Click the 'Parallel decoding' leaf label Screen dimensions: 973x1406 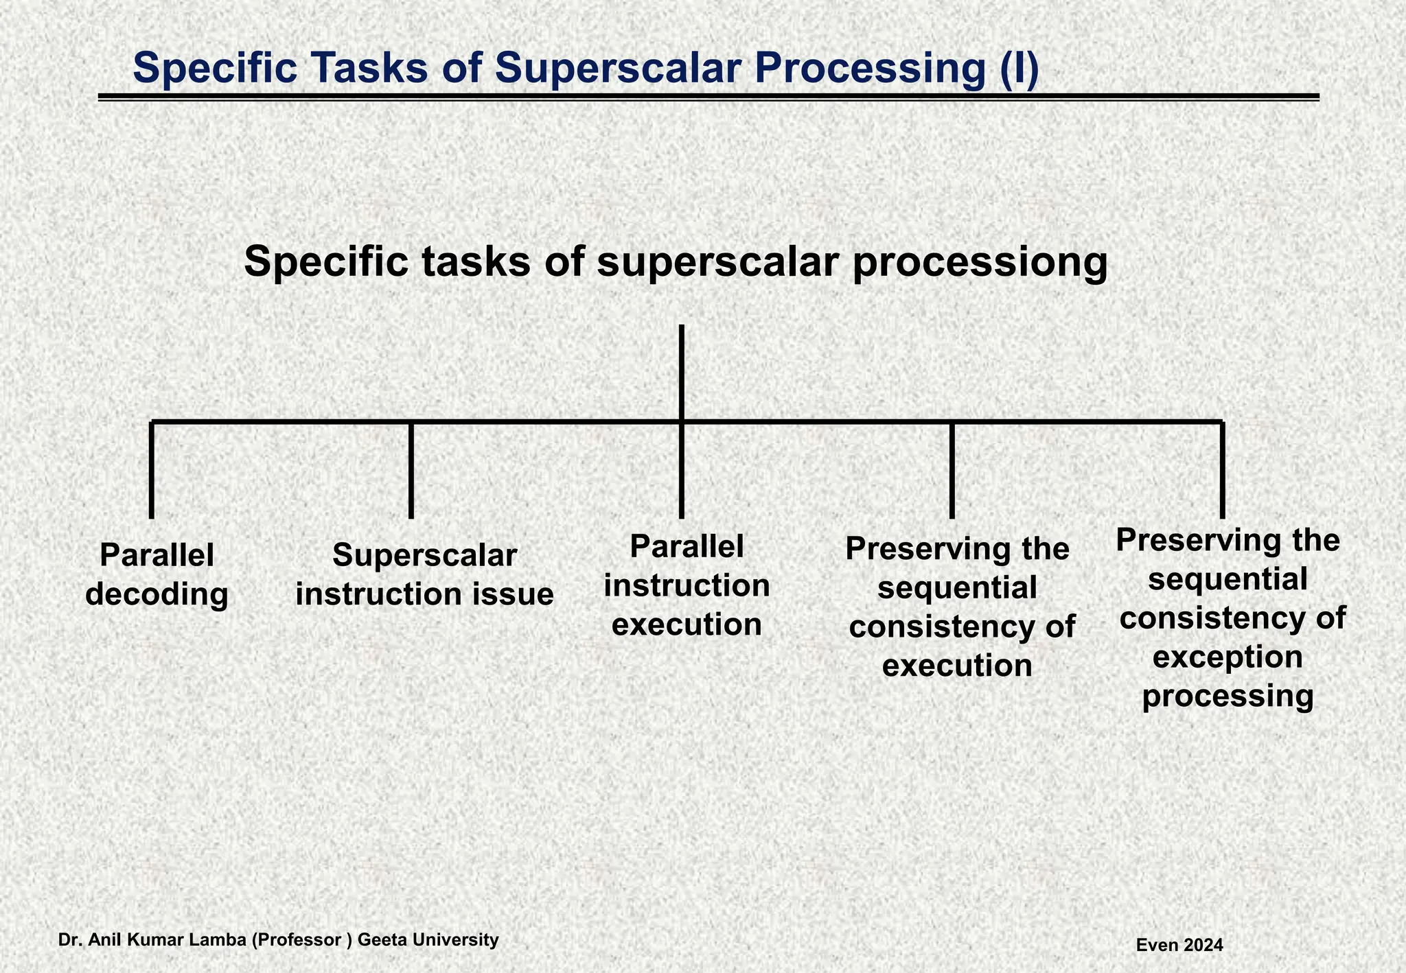pyautogui.click(x=157, y=574)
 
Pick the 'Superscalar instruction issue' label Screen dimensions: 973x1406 pyautogui.click(x=424, y=574)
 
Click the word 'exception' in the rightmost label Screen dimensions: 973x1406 pyautogui.click(x=1228, y=657)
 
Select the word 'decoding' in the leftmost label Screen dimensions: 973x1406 pyautogui.click(x=157, y=594)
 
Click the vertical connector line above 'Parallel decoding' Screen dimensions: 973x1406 pyautogui.click(x=151, y=470)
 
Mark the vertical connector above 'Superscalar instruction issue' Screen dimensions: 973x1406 pyautogui.click(x=411, y=470)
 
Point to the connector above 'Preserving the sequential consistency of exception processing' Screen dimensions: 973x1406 pyautogui.click(x=1222, y=470)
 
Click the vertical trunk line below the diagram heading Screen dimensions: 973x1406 pyautogui.click(x=681, y=371)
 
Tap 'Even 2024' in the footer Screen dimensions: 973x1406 pyautogui.click(x=1179, y=945)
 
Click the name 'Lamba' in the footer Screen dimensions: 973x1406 pyautogui.click(x=221, y=939)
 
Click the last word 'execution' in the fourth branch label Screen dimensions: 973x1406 pyautogui.click(x=957, y=665)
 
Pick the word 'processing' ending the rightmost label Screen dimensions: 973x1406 pyautogui.click(x=1228, y=696)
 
